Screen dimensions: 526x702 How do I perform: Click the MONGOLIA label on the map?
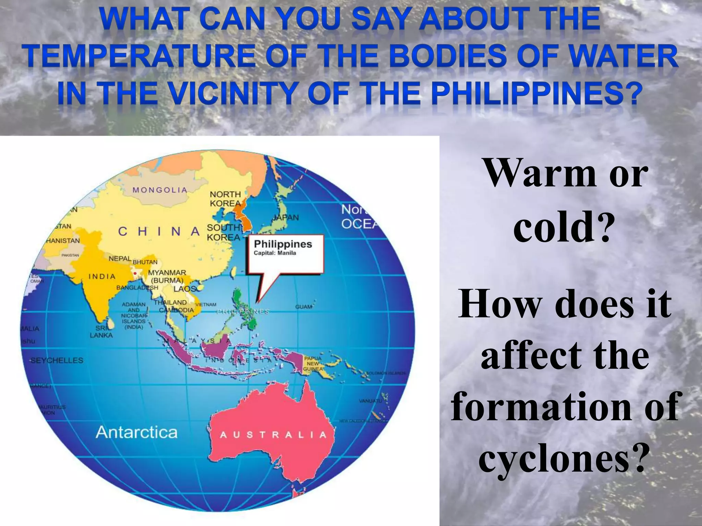point(160,190)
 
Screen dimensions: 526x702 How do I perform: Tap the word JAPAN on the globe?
point(286,217)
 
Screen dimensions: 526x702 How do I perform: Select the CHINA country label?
point(159,231)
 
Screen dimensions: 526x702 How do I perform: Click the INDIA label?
point(102,276)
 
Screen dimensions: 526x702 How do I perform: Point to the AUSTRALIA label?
point(273,435)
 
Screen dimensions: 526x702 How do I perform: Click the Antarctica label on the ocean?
point(136,433)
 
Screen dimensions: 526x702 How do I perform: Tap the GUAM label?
point(304,307)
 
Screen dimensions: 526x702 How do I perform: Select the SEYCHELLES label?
point(57,360)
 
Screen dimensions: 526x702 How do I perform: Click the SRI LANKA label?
point(101,331)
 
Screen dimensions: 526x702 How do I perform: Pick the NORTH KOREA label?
point(225,199)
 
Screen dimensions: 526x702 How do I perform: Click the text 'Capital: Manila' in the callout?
point(275,253)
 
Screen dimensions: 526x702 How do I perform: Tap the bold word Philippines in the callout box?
point(283,244)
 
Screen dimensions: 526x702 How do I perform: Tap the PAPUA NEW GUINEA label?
point(313,364)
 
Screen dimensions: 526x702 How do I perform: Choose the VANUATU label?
point(370,401)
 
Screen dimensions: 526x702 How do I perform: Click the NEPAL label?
point(120,259)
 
